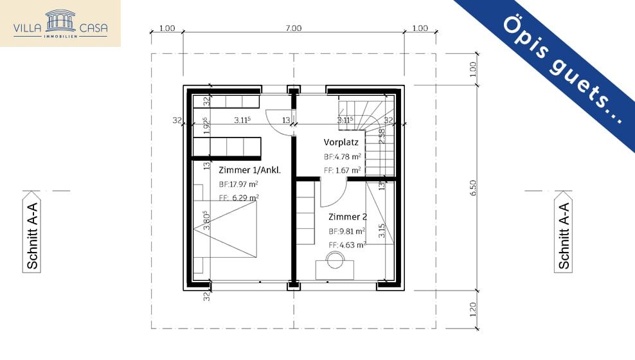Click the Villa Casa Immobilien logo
point(60,23)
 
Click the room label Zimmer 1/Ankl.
point(250,170)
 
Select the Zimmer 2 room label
point(348,217)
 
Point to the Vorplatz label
point(341,142)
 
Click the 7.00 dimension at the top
point(293,28)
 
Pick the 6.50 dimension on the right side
point(474,187)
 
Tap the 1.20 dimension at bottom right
point(474,309)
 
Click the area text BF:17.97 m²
point(238,184)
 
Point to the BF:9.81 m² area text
point(347,231)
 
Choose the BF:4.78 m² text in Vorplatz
point(342,156)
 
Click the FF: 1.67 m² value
point(342,170)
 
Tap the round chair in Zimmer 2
point(335,259)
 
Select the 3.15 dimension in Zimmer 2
point(382,231)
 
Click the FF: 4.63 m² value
point(347,245)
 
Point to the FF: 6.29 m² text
point(238,198)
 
